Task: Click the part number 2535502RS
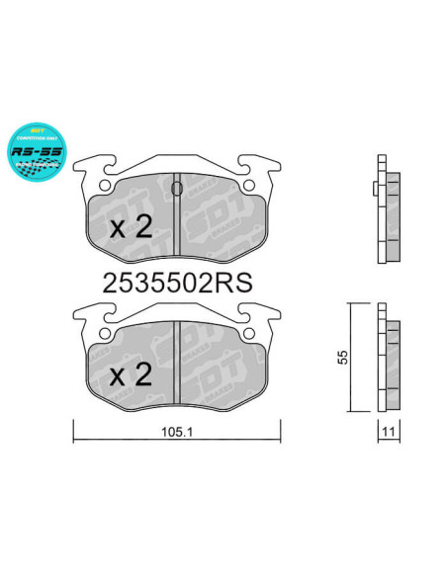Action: [178, 283]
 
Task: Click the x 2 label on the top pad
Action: [130, 228]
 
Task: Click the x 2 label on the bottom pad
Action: [130, 374]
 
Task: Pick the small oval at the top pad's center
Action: [177, 188]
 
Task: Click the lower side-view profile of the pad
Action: [388, 360]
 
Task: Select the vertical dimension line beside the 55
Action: [350, 357]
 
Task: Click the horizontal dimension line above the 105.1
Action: [177, 429]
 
